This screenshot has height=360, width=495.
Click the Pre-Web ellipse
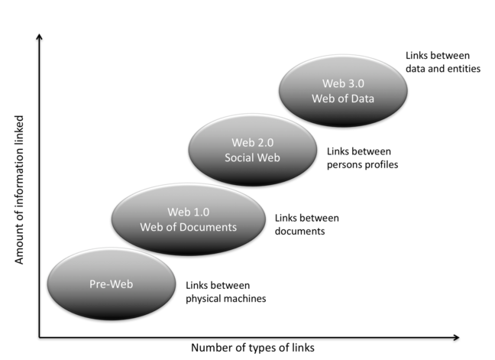tap(110, 284)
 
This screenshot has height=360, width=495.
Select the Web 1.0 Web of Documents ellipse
tap(188, 219)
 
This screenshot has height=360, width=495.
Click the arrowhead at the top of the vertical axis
tap(40, 37)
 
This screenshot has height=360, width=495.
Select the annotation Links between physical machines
tap(226, 292)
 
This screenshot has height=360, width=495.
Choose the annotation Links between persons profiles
tap(362, 157)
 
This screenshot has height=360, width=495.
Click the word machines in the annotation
tap(244, 299)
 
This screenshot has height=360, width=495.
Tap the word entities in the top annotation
tap(463, 70)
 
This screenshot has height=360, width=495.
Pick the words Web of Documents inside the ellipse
tap(188, 227)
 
